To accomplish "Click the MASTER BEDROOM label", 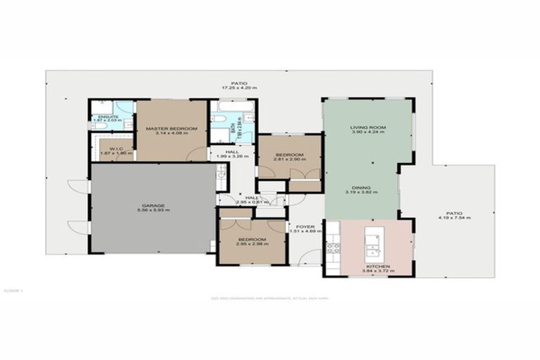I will (171, 129).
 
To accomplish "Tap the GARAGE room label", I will (152, 205).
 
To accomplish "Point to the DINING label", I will (361, 188).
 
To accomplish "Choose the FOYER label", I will (304, 226).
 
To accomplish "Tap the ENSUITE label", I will (108, 117).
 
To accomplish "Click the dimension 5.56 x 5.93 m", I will (152, 210).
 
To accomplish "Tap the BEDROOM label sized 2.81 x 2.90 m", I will (289, 155).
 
